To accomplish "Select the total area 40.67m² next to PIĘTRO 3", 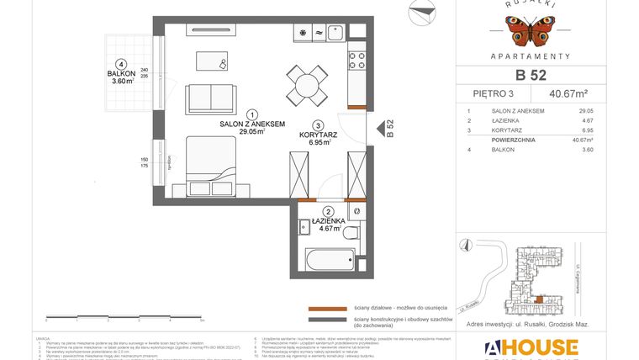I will tap(568, 94).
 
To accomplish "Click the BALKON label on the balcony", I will tap(122, 74).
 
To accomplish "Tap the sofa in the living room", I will tap(211, 98).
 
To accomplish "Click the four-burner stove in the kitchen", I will tap(357, 60).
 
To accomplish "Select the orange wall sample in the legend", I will tap(326, 308).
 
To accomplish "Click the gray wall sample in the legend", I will tap(326, 320).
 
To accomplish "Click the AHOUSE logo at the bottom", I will tap(531, 348).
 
